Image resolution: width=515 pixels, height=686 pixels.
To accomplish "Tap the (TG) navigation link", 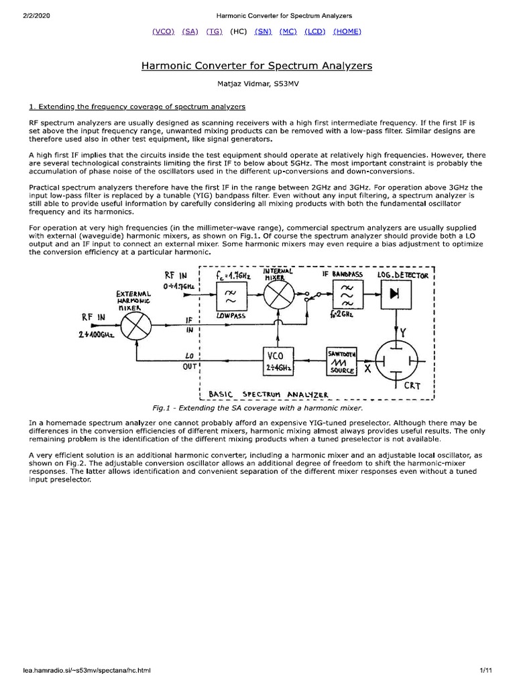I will coord(215,31).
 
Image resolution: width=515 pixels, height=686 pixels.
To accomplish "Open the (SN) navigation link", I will coord(263,31).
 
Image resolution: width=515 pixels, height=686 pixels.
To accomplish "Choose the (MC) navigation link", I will coord(288,31).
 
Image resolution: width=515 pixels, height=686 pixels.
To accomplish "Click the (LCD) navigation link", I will coord(315,31).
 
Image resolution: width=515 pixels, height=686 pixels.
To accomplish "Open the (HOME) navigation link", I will coord(347,31).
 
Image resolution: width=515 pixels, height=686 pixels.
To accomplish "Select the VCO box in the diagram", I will coord(278,362).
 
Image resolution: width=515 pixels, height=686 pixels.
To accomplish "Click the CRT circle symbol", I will coord(398,360).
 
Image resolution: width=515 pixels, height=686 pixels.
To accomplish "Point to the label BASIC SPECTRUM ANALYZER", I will coord(268,394).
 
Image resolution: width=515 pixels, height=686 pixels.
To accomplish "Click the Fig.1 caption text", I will coord(257,407).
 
